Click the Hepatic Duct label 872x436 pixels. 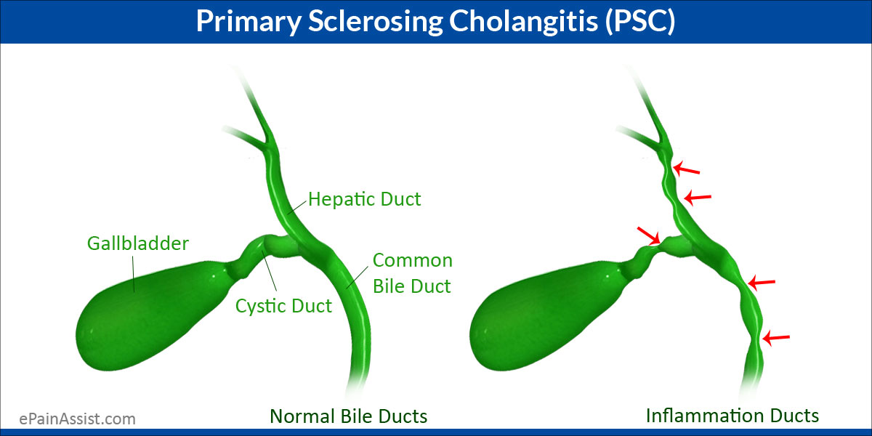point(364,199)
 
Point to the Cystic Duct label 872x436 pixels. point(283,306)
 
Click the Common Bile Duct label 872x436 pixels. point(412,273)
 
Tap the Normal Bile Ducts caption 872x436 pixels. point(348,416)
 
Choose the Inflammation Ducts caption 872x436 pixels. point(732,416)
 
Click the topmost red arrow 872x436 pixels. point(686,170)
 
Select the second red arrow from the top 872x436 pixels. point(698,197)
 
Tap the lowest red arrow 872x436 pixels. point(775,337)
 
